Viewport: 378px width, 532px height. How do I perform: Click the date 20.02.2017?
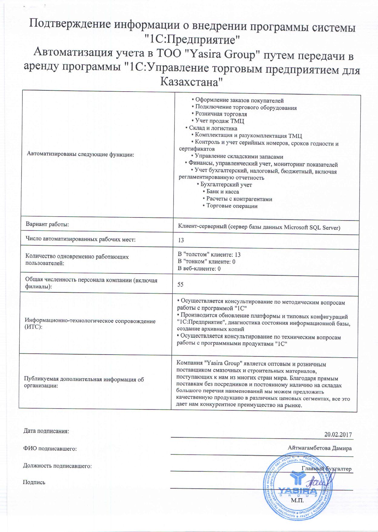click(338, 434)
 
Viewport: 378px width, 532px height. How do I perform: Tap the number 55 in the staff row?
click(181, 285)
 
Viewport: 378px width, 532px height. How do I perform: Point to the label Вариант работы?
click(48, 224)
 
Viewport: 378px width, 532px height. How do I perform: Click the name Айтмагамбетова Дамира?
click(320, 448)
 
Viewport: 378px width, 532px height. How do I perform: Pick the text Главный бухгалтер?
click(327, 469)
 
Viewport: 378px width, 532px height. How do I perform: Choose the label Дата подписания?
click(46, 431)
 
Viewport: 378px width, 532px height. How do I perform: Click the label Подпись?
click(34, 482)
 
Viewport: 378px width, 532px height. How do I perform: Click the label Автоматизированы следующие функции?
click(81, 154)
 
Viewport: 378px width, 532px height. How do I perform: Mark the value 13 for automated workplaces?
click(181, 240)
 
